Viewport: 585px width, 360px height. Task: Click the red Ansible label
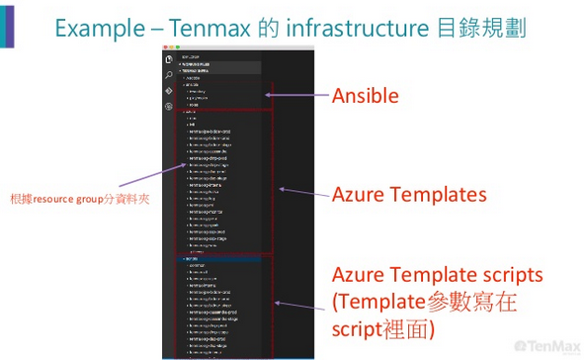pyautogui.click(x=365, y=96)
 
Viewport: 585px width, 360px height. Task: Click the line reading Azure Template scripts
pyautogui.click(x=437, y=273)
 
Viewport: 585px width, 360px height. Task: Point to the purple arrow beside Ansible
pyautogui.click(x=296, y=96)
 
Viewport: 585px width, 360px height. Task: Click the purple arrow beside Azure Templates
pyautogui.click(x=301, y=189)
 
